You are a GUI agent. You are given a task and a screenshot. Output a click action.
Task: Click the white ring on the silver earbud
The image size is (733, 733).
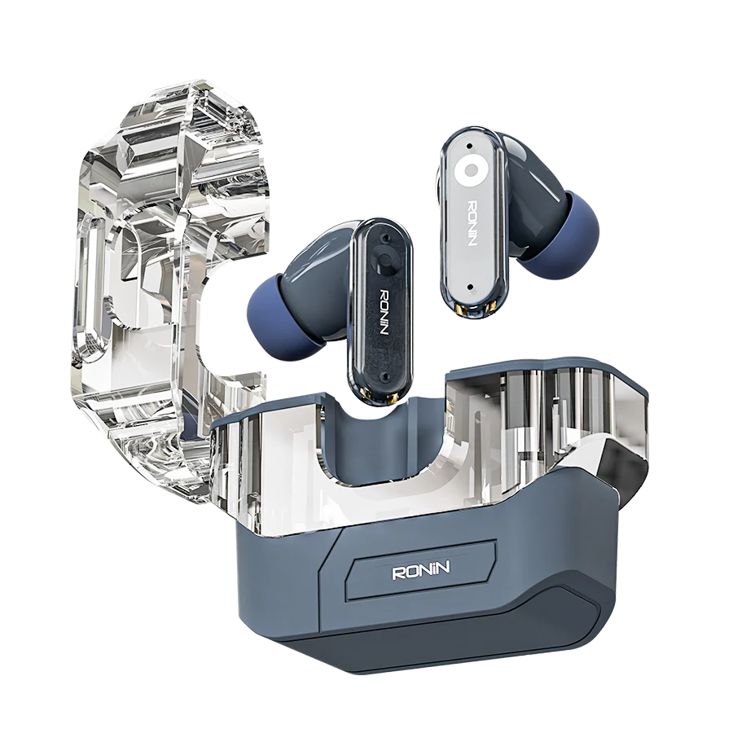[x=465, y=169]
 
